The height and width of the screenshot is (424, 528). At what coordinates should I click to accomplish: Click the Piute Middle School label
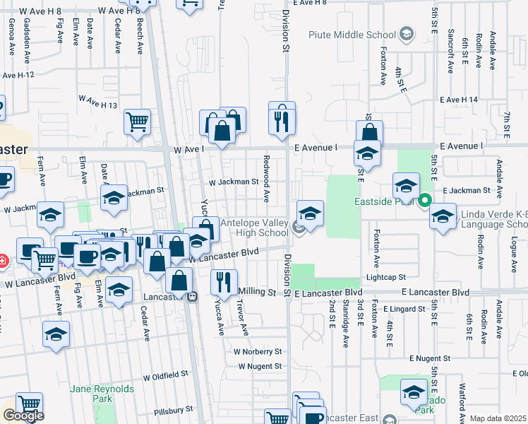click(352, 35)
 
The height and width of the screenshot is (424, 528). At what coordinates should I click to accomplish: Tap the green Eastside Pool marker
click(424, 201)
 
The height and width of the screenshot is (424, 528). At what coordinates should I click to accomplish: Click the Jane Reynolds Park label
click(92, 394)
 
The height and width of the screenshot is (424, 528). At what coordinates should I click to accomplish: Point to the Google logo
click(23, 416)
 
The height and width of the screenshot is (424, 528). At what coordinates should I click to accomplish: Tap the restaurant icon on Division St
click(282, 119)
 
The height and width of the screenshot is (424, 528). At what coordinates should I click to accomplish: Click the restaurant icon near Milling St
click(224, 282)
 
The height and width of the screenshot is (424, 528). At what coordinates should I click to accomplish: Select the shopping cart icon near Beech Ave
click(138, 122)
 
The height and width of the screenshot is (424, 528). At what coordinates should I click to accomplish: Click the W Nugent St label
click(260, 366)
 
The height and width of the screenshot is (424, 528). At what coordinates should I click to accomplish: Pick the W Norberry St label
click(258, 351)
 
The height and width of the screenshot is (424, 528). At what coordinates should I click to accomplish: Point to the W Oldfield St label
click(165, 373)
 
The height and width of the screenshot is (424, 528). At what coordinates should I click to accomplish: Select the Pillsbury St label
click(174, 409)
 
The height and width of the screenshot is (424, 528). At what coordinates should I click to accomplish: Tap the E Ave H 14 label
click(459, 100)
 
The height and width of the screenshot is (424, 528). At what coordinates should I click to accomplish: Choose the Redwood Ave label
click(267, 178)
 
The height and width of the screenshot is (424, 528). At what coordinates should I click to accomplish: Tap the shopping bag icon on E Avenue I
click(369, 133)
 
